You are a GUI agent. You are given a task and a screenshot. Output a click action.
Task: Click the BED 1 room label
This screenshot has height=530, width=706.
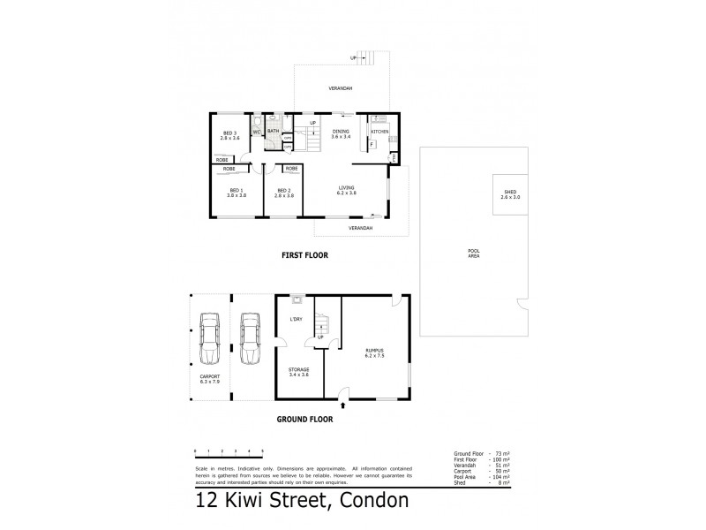237,192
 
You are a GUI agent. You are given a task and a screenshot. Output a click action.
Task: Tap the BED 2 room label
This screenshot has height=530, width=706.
283,192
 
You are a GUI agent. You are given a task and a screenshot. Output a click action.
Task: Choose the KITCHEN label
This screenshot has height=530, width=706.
379,131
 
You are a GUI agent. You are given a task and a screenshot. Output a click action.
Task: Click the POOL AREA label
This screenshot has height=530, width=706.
474,254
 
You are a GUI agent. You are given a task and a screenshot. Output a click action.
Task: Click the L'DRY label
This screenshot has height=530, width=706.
297,320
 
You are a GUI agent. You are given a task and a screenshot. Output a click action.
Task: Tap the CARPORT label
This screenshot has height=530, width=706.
209,379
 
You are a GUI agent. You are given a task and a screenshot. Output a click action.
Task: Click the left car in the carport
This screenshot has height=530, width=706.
210,337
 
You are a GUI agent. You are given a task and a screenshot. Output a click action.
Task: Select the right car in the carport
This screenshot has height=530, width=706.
250,337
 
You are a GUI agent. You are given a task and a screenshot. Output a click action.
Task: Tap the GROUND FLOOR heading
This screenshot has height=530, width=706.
304,420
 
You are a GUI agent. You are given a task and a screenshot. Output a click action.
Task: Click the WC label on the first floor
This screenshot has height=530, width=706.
257,132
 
